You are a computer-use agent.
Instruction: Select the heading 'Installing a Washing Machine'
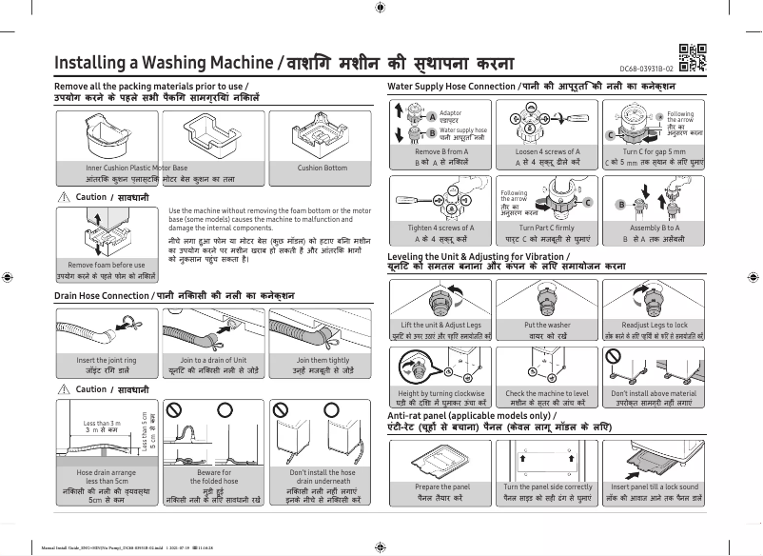[165, 63]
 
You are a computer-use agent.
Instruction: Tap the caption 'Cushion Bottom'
[323, 168]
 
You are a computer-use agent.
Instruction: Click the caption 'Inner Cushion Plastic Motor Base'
[137, 168]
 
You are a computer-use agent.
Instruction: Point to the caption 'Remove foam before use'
[106, 265]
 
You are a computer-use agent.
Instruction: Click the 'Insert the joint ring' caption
[106, 361]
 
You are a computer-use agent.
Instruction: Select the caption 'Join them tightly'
[323, 361]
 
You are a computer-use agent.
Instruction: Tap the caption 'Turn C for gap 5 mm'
[654, 151]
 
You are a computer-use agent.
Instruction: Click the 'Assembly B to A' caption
[654, 228]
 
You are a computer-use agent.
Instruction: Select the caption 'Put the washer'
[547, 325]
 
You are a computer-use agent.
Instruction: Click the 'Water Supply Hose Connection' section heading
[451, 87]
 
